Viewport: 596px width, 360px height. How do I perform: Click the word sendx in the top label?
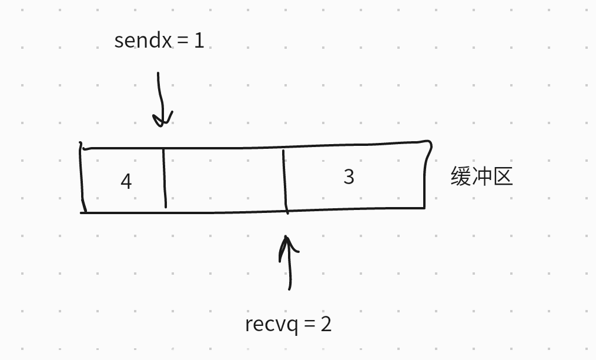(143, 41)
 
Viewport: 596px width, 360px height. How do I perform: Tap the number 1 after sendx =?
(199, 41)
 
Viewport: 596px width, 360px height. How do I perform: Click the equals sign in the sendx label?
(182, 41)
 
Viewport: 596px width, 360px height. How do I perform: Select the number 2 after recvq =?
(326, 324)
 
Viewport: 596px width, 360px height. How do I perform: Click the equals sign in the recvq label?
(310, 324)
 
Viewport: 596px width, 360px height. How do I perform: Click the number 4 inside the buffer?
(126, 181)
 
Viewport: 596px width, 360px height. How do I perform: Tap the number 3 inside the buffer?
(349, 176)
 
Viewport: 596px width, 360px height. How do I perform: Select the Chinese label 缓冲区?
(481, 176)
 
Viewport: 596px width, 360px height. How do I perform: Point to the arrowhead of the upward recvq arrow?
(287, 242)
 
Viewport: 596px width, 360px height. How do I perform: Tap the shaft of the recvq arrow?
(289, 271)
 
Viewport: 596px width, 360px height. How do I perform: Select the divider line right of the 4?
(164, 178)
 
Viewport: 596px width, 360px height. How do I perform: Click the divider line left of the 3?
(284, 181)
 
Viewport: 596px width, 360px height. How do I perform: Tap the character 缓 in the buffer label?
(461, 176)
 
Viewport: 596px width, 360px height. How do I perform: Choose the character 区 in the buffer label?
(503, 176)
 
